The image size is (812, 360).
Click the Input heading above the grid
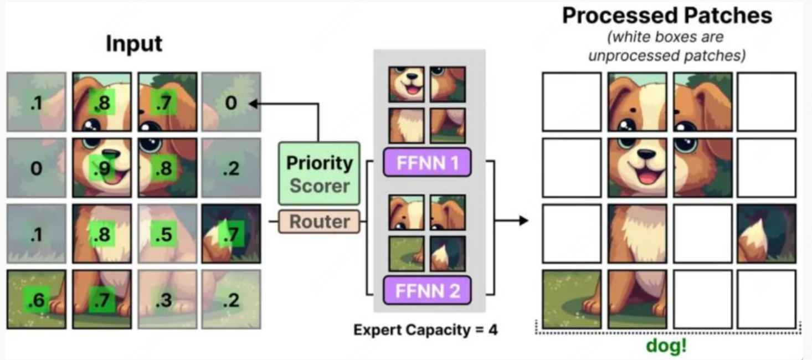coord(134,44)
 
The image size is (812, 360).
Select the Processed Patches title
coord(667,16)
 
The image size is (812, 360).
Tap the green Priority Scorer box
coord(320,173)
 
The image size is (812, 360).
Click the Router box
coord(320,222)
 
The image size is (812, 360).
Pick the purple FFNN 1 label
coord(427,163)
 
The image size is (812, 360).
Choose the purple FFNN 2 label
coord(427,290)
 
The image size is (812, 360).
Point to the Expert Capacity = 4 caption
coord(425,330)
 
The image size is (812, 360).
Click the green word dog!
coord(666,346)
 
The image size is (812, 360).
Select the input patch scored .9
coord(102,168)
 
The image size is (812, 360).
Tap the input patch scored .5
coord(167,234)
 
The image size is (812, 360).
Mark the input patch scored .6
coord(37,299)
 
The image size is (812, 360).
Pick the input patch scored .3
coord(167,299)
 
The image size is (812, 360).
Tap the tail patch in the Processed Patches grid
coord(766,234)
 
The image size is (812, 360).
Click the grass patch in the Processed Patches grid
coord(572,299)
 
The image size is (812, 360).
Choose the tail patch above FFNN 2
coord(448,254)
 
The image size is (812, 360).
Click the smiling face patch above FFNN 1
coord(407,84)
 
